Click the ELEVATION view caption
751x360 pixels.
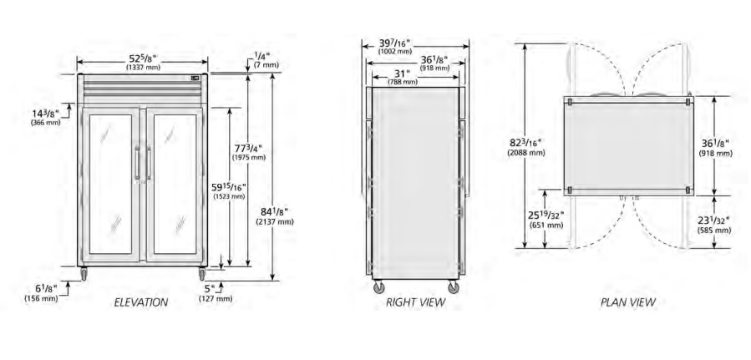point(141,302)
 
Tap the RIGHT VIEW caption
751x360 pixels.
point(416,302)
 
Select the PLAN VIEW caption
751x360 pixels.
point(628,302)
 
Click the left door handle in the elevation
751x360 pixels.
point(138,163)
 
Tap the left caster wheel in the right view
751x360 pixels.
point(378,286)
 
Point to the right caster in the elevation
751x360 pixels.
point(201,274)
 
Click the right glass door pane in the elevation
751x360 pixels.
point(175,184)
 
